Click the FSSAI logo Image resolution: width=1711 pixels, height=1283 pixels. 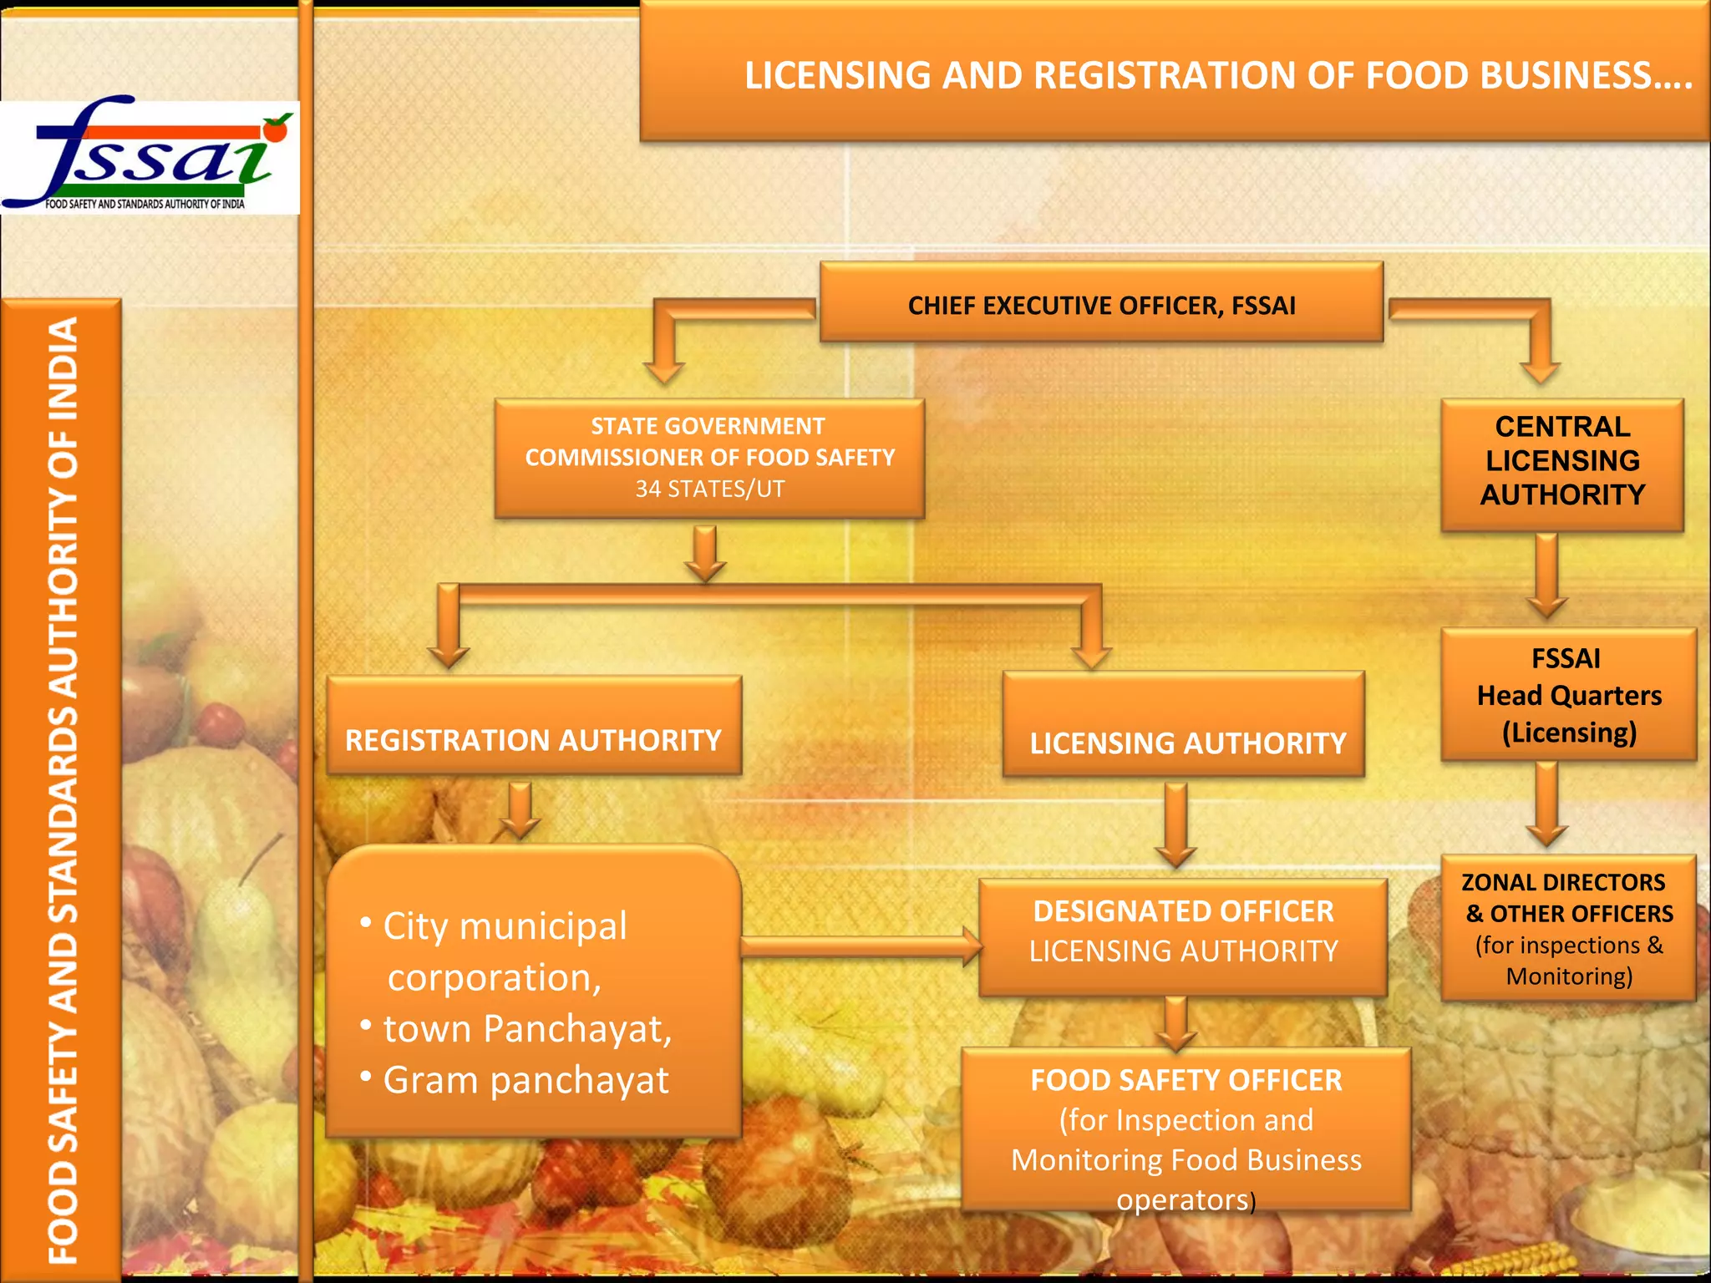point(150,157)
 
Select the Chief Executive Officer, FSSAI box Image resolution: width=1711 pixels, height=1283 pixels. point(1101,304)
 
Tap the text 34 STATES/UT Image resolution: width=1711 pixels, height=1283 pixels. point(710,489)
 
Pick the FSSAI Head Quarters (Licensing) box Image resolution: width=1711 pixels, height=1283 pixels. point(1568,695)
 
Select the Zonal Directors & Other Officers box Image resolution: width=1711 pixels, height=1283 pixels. point(1568,928)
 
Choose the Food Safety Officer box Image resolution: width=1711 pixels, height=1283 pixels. point(1186,1129)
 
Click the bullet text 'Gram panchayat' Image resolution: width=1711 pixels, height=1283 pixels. point(525,1081)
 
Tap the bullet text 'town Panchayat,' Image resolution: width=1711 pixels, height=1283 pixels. point(527,1029)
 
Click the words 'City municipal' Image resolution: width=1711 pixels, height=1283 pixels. point(505,926)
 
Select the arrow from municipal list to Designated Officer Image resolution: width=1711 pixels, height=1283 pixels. point(861,946)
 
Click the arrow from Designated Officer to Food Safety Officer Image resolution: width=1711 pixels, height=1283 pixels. point(1176,1023)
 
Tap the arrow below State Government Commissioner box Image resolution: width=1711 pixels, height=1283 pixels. point(705,553)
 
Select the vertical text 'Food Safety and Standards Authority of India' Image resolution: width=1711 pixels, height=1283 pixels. point(63,789)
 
